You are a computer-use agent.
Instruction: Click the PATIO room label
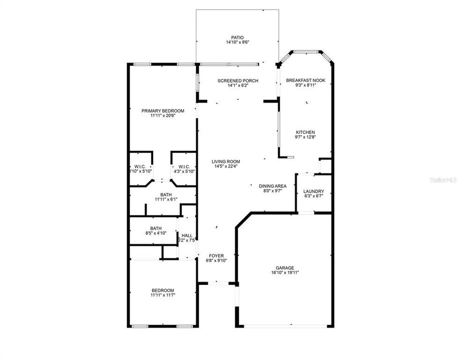coord(237,37)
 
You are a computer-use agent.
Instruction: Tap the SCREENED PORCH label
coord(237,80)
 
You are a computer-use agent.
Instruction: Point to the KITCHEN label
coord(305,132)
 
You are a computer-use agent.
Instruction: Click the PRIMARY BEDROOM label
coord(163,110)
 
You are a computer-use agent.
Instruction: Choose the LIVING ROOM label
coord(226,161)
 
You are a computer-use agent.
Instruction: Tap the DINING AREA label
coord(272,186)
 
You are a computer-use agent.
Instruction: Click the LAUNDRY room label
coord(314,191)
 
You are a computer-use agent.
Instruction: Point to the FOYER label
coord(216,255)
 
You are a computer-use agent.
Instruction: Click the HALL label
coord(187,235)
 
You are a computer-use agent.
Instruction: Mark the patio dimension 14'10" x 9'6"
coord(237,43)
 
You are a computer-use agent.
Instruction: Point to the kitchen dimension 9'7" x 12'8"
coord(305,138)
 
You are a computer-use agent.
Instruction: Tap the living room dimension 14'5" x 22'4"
coord(226,167)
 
